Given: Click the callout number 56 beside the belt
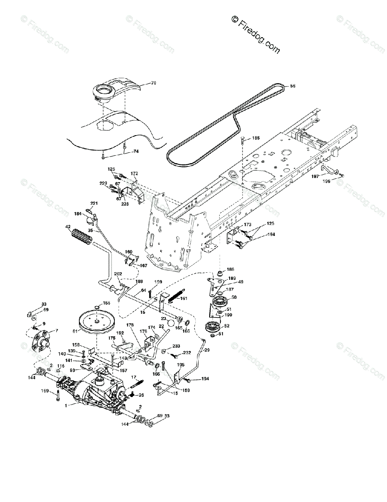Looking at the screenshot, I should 292,86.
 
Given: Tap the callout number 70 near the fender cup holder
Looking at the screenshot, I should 142,83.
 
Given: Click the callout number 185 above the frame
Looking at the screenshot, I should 255,138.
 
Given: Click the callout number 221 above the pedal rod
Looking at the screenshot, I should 94,204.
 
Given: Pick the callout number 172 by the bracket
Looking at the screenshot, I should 134,173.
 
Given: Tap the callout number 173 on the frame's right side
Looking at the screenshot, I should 248,225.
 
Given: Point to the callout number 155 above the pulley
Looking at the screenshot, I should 106,302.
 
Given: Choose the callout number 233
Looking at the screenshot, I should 177,346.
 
